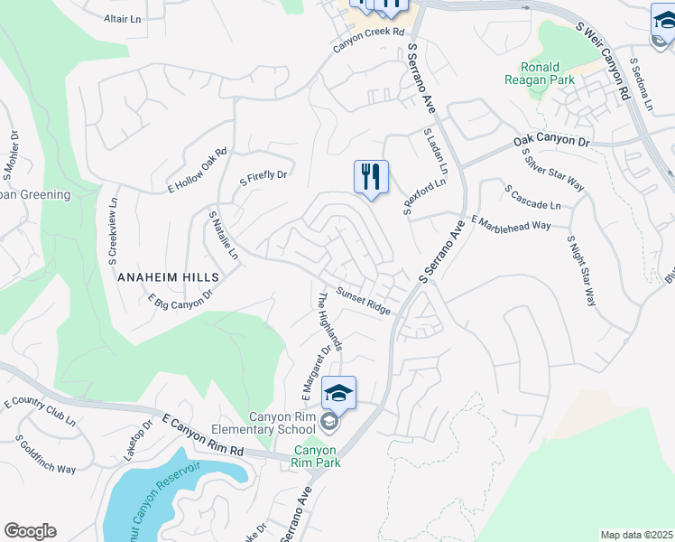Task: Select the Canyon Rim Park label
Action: [314, 456]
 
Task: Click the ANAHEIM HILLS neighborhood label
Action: [168, 276]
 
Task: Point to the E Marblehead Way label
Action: [511, 224]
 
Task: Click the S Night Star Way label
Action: [582, 270]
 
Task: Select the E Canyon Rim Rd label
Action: [203, 435]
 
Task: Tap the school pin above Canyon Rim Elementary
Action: [338, 393]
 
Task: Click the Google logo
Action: [30, 531]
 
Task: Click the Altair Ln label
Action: [123, 18]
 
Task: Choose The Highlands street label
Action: [329, 321]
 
